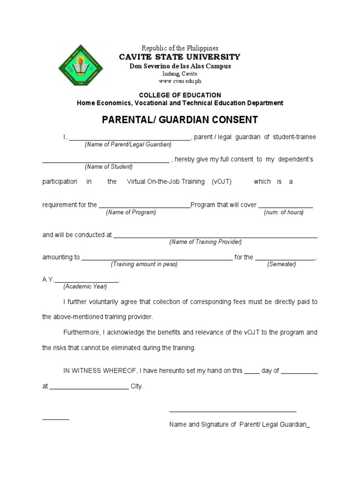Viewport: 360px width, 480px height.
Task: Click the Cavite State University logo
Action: [x=80, y=66]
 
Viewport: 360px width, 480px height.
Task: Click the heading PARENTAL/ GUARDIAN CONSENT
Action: [x=180, y=120]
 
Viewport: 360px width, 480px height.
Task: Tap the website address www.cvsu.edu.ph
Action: [x=180, y=81]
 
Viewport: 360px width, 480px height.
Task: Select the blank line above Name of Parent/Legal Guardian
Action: [x=130, y=139]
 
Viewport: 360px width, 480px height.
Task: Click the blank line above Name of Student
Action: [x=106, y=162]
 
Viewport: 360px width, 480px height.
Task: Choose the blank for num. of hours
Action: [x=285, y=207]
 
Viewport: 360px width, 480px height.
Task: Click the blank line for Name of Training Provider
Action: [x=216, y=237]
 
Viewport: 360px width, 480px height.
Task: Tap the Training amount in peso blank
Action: [x=157, y=259]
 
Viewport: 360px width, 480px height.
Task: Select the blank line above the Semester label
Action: [x=285, y=259]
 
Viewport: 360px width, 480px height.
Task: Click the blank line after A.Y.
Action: [x=87, y=281]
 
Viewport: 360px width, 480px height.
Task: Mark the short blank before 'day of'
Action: [x=252, y=373]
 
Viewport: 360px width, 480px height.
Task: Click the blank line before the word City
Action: [x=89, y=389]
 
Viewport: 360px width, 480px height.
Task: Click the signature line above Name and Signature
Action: [x=232, y=412]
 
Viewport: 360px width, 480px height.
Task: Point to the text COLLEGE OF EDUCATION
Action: [x=180, y=95]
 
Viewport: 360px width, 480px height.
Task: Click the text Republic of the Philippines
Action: [x=180, y=48]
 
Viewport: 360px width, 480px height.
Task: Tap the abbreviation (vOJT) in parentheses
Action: [x=221, y=181]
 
